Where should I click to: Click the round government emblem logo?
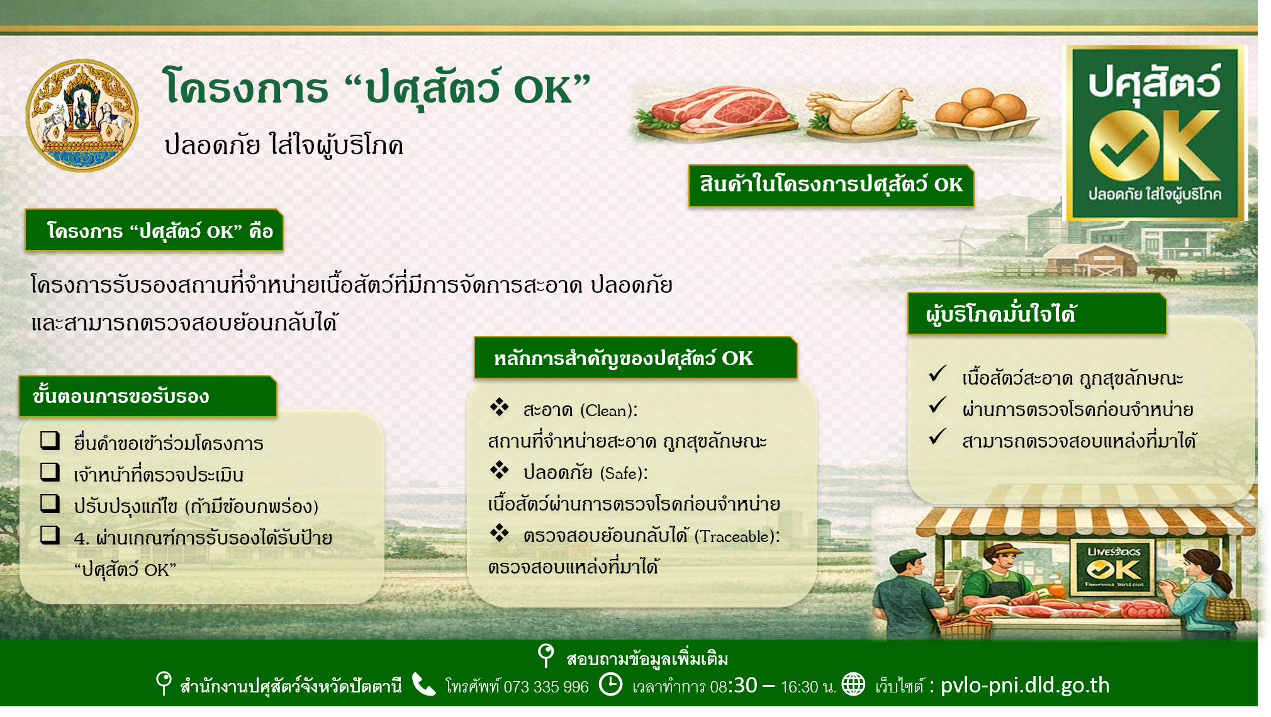(x=82, y=116)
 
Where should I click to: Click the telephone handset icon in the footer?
(x=423, y=684)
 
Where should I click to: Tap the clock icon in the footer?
(x=610, y=684)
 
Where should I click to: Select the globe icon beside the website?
(x=853, y=684)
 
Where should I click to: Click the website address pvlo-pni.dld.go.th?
(x=1025, y=685)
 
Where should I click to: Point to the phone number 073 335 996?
(x=546, y=686)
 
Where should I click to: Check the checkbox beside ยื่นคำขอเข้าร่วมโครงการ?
(x=50, y=440)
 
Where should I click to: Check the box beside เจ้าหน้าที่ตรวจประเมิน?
(x=50, y=471)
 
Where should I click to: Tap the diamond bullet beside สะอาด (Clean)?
(x=499, y=407)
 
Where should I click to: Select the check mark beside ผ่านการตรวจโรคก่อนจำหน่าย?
(x=937, y=405)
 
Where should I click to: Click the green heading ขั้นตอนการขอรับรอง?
(x=121, y=396)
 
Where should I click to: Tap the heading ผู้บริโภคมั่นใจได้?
(x=1000, y=313)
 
